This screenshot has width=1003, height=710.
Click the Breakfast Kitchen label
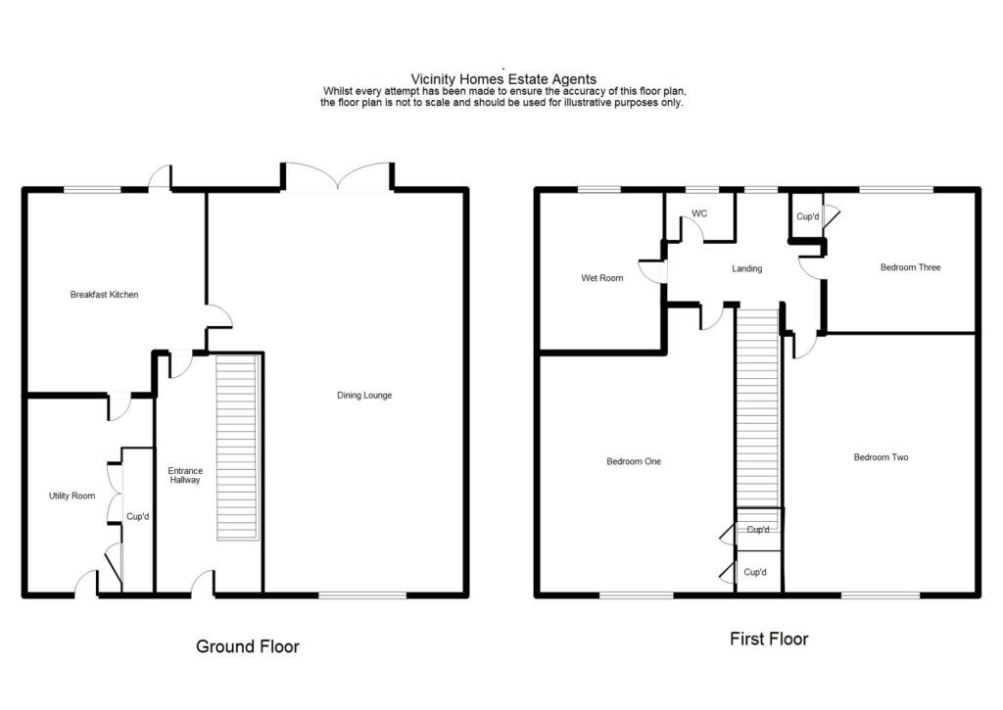pos(104,295)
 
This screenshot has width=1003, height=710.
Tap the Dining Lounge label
pos(364,396)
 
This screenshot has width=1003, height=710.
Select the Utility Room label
pos(72,497)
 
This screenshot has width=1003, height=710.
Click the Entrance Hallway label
pos(184,475)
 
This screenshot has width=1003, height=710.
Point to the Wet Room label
pos(602,278)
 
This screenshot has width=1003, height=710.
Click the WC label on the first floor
pos(699,213)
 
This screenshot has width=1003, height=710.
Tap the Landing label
pos(747,268)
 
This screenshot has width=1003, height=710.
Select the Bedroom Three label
pos(910,267)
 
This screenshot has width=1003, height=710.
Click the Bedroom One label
pos(634,461)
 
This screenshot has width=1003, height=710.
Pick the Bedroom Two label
pos(881,457)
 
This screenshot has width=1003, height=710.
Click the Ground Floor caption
pos(248,646)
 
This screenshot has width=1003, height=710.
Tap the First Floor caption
pos(769,639)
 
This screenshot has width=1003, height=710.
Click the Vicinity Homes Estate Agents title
pos(503,79)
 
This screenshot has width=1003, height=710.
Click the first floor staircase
pos(757,407)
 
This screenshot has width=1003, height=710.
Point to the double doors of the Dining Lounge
pos(339,176)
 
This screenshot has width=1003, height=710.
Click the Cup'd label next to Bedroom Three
pos(807,216)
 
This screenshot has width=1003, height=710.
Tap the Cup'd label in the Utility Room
pos(137,517)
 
